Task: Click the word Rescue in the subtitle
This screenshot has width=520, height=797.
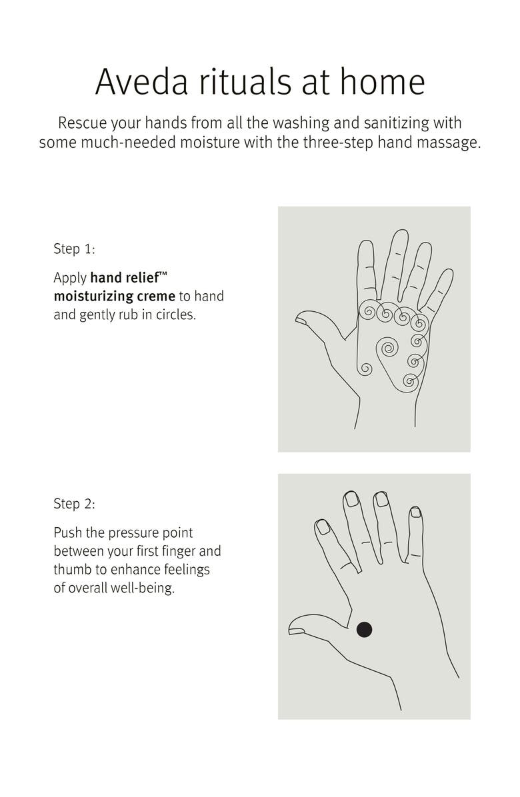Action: click(83, 123)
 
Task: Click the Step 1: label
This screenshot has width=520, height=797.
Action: click(74, 249)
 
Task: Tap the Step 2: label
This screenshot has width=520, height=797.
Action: click(74, 504)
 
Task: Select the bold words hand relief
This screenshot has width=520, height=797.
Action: click(125, 277)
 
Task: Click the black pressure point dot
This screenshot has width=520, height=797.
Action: click(364, 629)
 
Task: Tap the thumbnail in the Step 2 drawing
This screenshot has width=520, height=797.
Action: click(296, 631)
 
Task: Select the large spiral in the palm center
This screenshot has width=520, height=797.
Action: click(387, 349)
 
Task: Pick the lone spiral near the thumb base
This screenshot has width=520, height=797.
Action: click(365, 369)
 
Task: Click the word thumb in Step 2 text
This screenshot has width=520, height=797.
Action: click(72, 569)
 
